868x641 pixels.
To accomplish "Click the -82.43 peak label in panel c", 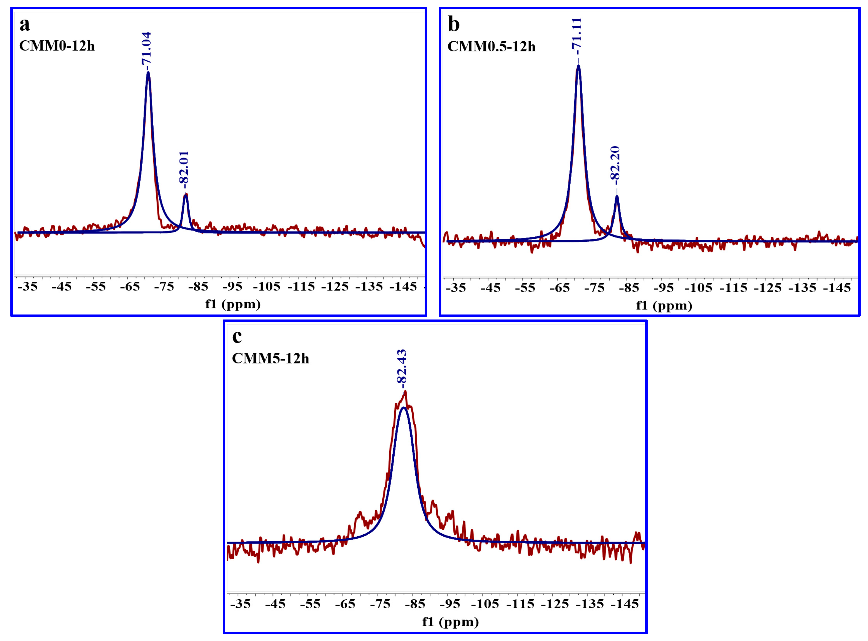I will (x=402, y=367).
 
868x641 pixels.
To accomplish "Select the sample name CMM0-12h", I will (x=57, y=46).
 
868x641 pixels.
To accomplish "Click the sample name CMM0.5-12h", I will (x=491, y=47).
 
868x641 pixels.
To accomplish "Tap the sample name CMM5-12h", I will (x=270, y=359).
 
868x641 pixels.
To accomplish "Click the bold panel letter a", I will (x=24, y=24).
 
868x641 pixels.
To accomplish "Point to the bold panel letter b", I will (x=454, y=24).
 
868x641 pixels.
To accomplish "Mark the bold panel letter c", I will (x=237, y=337).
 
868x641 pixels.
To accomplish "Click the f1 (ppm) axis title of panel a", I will (x=233, y=304).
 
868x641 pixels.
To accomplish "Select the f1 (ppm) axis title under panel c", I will (x=450, y=622).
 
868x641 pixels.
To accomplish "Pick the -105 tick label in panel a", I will (x=266, y=287).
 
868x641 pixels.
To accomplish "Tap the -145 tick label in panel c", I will (x=625, y=604).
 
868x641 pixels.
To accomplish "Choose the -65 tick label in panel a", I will (x=130, y=287).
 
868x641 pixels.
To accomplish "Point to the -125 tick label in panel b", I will (x=768, y=288).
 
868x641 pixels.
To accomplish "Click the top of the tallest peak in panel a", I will (x=148, y=73).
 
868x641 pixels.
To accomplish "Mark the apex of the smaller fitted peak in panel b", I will (x=617, y=196).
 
